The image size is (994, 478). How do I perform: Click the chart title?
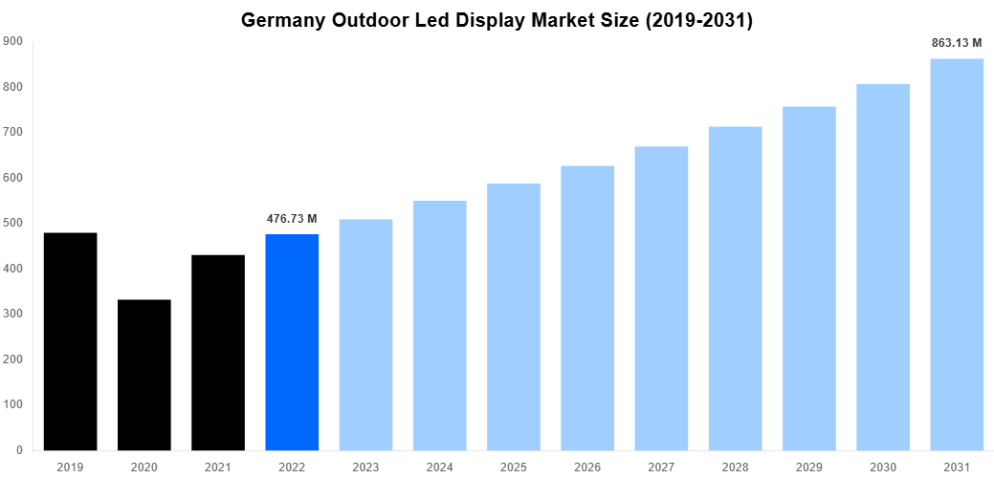pos(497,20)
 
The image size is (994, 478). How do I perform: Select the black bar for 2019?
pos(70,341)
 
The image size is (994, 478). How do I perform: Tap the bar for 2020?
pos(144,375)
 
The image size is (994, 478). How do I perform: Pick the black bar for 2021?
pos(218,352)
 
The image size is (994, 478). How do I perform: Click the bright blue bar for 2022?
pos(292,342)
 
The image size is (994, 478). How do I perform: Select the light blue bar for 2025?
pos(514,316)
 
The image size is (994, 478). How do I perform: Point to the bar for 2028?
pos(735,288)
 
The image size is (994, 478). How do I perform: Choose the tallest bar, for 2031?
pos(957,254)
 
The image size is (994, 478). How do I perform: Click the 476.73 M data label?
pos(292,219)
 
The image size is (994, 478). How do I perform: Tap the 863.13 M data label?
pos(957,43)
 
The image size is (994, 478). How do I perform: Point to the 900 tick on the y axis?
pos(12,41)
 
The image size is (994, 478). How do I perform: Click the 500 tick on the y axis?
pos(12,223)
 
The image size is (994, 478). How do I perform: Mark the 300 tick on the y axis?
pos(12,314)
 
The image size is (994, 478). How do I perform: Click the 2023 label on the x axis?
pos(365,467)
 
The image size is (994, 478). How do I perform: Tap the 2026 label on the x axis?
pos(587,467)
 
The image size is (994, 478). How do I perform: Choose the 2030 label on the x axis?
pos(883,467)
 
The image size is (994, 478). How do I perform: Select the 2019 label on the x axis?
pos(70,467)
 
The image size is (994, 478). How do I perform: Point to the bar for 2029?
pos(809,278)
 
